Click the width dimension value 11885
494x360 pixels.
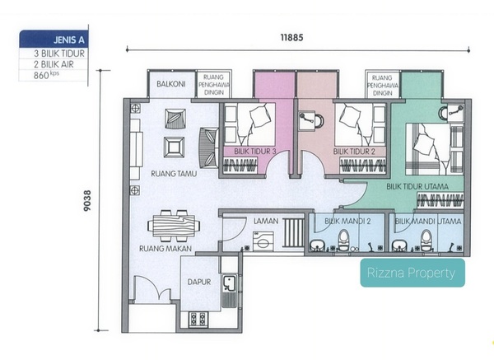[x=291, y=38]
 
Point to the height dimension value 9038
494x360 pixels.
[x=87, y=200]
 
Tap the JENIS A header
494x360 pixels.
[x=68, y=40]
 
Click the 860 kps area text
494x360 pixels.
[x=46, y=75]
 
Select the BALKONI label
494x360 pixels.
[x=170, y=84]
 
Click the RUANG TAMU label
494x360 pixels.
[x=174, y=174]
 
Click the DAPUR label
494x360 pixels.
[x=199, y=282]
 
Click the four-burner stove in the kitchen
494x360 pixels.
[x=198, y=319]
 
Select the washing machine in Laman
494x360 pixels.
[x=263, y=241]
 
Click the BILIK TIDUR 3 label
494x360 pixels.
[x=255, y=152]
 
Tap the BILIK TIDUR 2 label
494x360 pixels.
[x=354, y=152]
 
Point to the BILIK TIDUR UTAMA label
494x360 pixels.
[x=417, y=187]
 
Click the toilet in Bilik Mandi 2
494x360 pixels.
[x=343, y=241]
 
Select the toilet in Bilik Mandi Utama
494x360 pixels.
[x=426, y=241]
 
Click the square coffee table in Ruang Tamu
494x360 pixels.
[x=175, y=147]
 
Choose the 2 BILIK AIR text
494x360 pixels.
[x=54, y=64]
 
